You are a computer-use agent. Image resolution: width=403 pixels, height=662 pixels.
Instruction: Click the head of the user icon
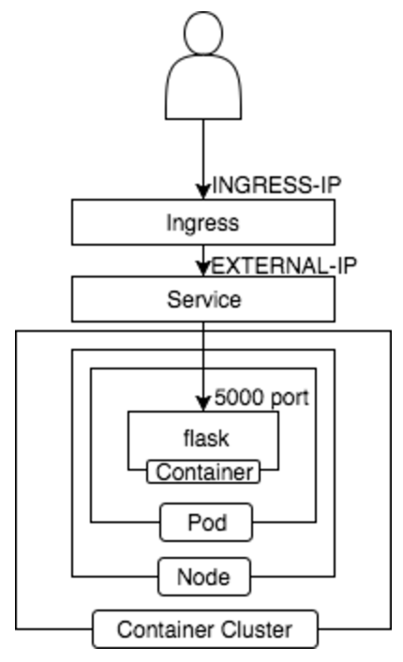click(203, 33)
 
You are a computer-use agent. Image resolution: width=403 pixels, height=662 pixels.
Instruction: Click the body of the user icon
click(203, 87)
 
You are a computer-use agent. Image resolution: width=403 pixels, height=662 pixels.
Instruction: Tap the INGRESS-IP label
click(276, 185)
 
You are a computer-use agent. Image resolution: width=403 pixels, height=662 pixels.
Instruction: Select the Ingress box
click(203, 222)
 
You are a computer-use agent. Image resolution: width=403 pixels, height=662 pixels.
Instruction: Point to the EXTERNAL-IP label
click(284, 265)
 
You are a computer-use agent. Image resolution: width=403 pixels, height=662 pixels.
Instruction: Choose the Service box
click(203, 299)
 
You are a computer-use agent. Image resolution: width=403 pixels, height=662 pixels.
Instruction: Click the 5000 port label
click(261, 398)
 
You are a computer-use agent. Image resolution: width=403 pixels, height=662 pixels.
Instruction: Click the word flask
click(206, 438)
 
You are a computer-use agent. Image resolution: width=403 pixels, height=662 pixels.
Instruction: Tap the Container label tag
click(203, 472)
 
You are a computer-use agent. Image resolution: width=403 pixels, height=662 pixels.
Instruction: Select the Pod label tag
click(206, 522)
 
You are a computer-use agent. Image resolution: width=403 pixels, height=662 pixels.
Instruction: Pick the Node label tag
click(204, 577)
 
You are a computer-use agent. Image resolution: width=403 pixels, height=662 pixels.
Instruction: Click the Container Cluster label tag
click(205, 629)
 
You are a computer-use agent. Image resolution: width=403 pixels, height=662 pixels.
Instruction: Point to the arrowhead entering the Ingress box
click(203, 191)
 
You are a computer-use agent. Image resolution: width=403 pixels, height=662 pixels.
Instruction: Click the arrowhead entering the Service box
click(203, 269)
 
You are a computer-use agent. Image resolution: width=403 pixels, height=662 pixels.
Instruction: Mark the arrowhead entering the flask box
click(203, 403)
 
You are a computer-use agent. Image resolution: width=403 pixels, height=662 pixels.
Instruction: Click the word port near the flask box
click(290, 399)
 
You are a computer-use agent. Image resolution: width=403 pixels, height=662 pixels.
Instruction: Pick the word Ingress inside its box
click(202, 223)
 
